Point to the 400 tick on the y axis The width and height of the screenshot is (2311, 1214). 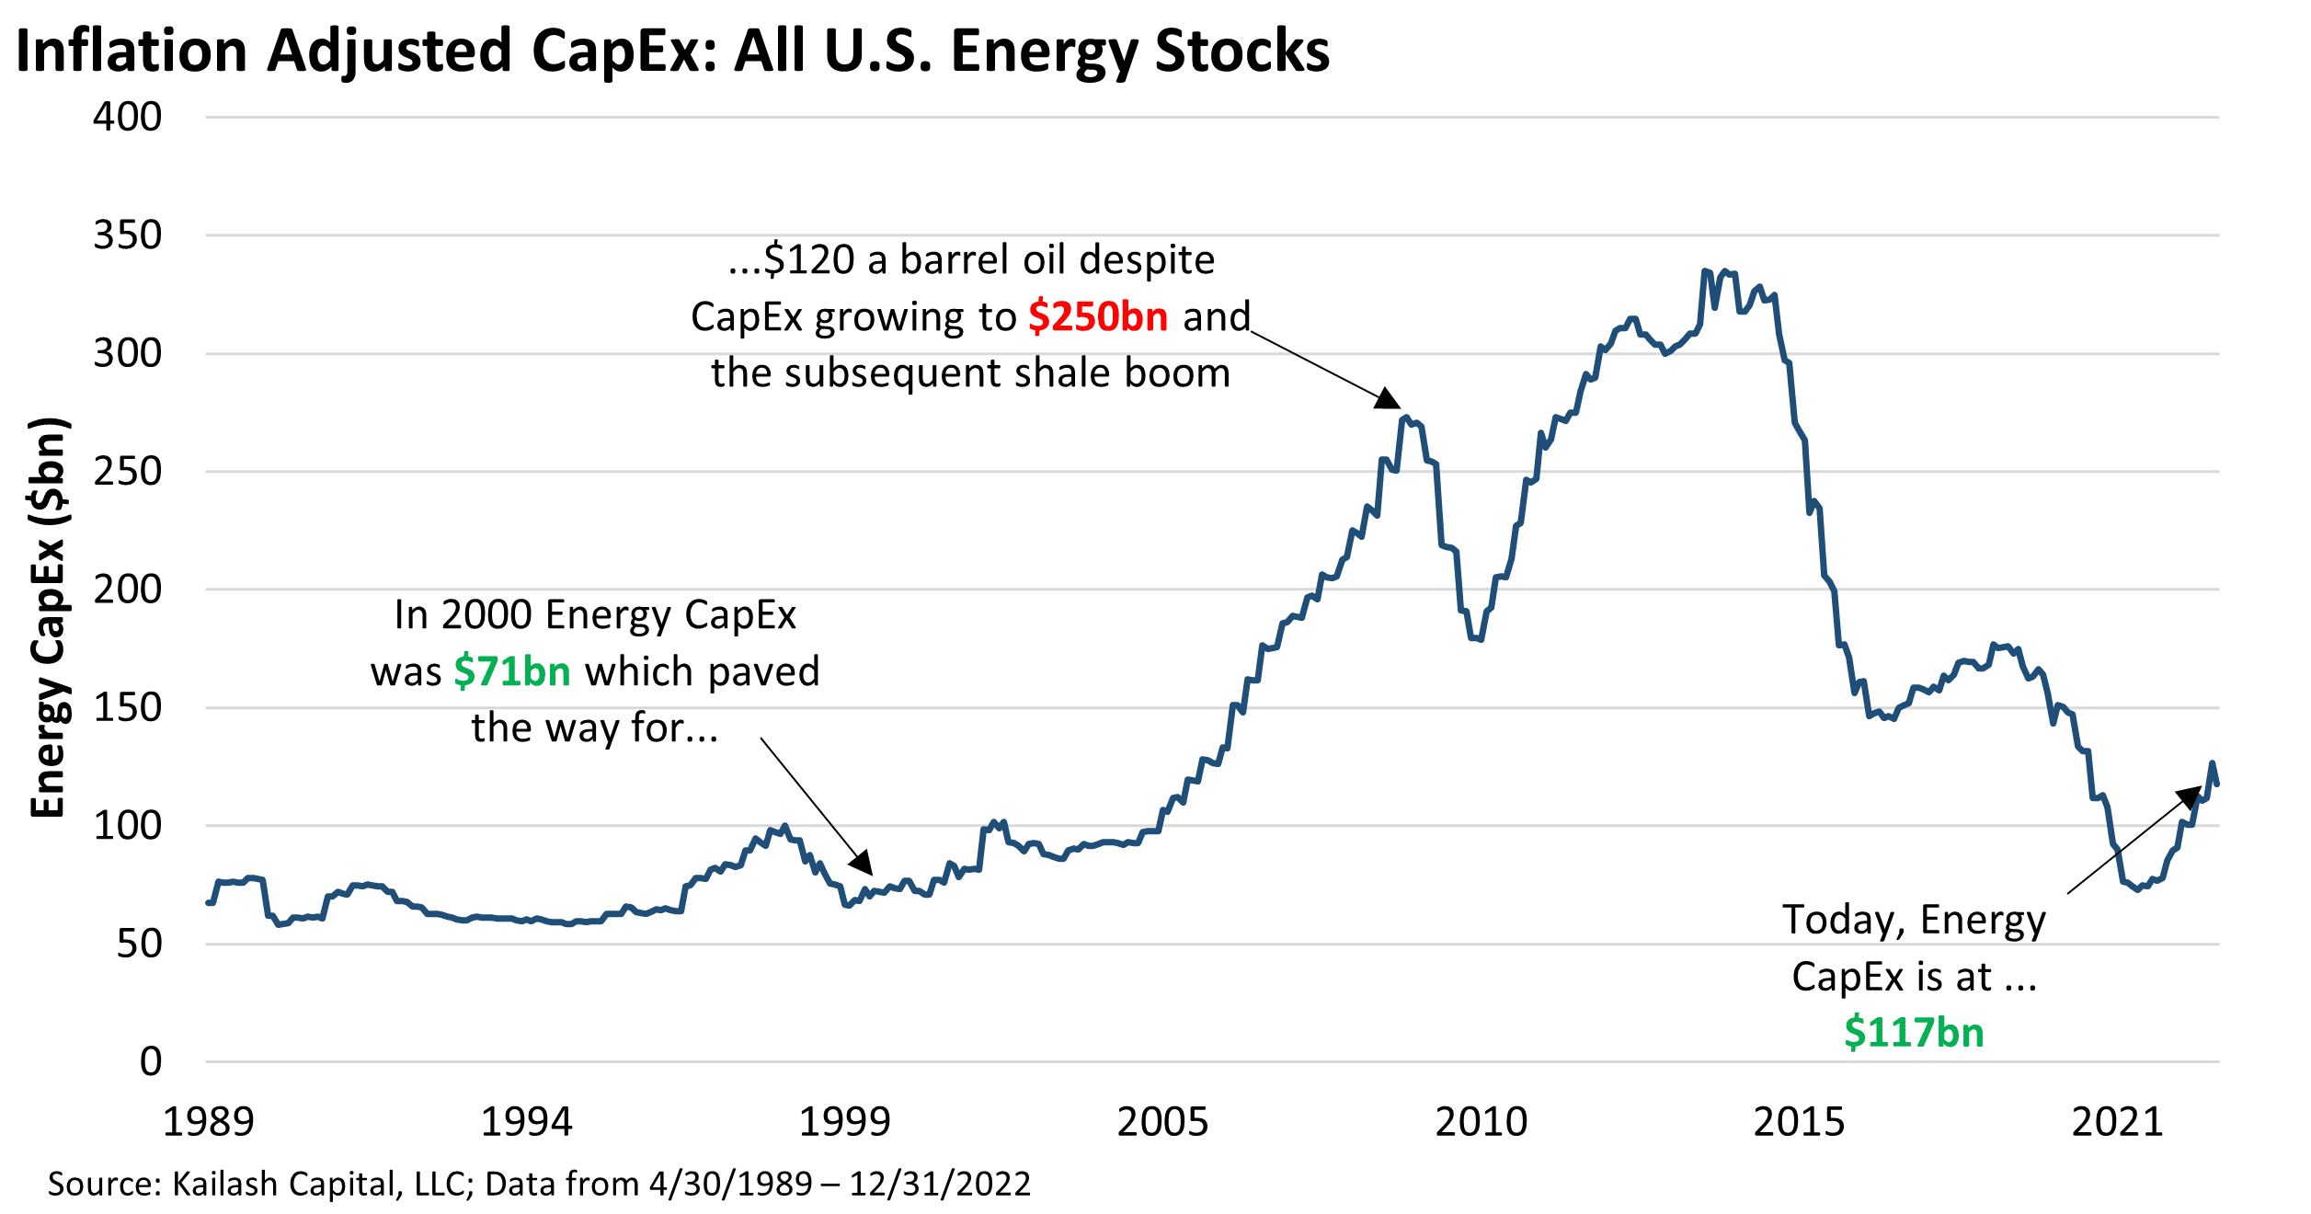pos(127,117)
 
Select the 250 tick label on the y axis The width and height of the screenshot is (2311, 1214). pos(127,471)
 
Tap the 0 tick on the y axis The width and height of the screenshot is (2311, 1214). pos(150,1060)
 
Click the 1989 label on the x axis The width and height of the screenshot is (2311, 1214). pos(208,1122)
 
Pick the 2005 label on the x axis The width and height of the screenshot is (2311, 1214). pos(1162,1122)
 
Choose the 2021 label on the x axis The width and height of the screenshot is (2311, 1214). pos(2117,1122)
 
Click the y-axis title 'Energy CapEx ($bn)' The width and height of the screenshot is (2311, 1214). pos(48,617)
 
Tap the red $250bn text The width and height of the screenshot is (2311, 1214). pos(1098,316)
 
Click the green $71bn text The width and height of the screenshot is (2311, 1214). pos(512,671)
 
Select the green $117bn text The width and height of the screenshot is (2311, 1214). pos(1914,1032)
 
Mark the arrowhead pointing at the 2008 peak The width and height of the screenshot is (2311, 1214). pos(1389,399)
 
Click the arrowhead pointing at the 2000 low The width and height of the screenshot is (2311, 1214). pos(862,864)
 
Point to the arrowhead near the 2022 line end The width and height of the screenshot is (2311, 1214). pos(2191,796)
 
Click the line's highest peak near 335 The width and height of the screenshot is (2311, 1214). pos(1706,271)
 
